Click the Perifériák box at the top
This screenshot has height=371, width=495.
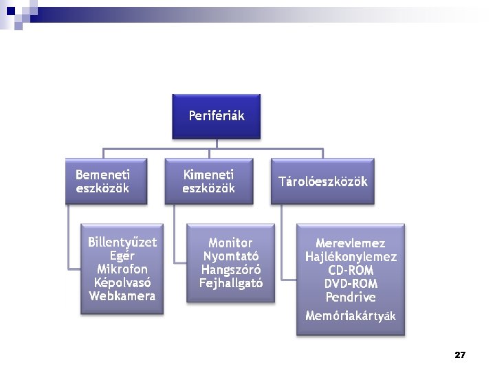click(216, 115)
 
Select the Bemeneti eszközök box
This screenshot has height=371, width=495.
click(107, 181)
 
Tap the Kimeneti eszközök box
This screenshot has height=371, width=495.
click(208, 181)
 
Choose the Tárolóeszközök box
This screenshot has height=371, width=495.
click(322, 182)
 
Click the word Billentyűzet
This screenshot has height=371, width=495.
click(122, 243)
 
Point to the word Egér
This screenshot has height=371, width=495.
click(122, 256)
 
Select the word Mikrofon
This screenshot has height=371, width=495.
click(122, 269)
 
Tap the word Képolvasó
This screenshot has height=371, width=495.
click(122, 282)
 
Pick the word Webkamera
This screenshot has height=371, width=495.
click(122, 296)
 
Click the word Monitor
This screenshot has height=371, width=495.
click(230, 243)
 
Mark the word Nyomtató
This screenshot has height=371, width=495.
click(230, 256)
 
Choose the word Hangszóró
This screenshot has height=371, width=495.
click(230, 269)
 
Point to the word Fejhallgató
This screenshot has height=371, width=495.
click(230, 283)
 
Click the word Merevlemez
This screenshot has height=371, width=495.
click(351, 243)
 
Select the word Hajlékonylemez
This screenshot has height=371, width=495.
click(351, 257)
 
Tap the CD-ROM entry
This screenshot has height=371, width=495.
click(351, 271)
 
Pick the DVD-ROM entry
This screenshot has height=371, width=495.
click(351, 284)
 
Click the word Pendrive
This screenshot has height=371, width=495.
click(351, 297)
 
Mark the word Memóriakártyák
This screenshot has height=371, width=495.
click(351, 316)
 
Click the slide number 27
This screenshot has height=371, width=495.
click(460, 355)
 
